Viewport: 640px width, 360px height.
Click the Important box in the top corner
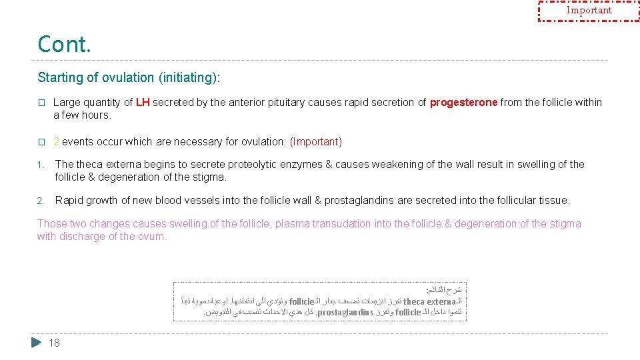click(x=589, y=11)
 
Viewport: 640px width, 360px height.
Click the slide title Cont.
click(x=64, y=44)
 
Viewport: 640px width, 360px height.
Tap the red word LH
click(x=143, y=103)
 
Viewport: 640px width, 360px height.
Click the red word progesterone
click(x=463, y=103)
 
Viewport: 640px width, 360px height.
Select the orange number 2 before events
click(x=56, y=141)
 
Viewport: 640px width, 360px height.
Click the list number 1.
click(x=40, y=165)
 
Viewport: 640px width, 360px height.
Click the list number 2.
click(x=40, y=201)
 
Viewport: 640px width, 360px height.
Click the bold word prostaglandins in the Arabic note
click(x=345, y=312)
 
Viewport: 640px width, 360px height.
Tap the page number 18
click(x=55, y=343)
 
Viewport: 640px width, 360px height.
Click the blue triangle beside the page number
click(x=37, y=343)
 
